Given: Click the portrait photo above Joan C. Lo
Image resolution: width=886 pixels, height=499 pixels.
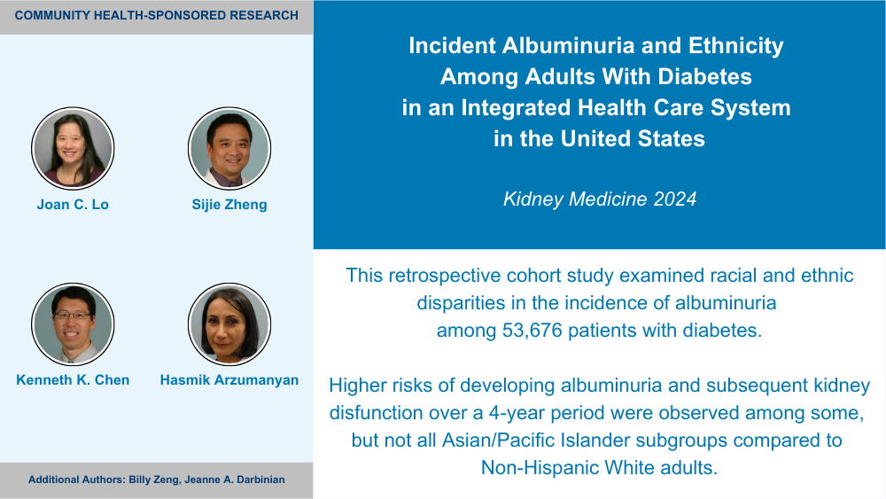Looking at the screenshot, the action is [73, 148].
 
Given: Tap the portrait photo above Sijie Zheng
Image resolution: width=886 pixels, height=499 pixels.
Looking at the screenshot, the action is [229, 148].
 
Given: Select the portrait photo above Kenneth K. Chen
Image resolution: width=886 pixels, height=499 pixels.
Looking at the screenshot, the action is [73, 324].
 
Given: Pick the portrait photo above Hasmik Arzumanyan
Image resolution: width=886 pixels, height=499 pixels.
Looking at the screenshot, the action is [229, 324].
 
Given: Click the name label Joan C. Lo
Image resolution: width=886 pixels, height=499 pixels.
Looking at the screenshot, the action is [73, 205].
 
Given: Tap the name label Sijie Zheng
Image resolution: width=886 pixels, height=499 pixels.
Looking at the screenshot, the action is [229, 205].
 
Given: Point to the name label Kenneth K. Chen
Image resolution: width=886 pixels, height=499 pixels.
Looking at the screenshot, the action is [73, 379].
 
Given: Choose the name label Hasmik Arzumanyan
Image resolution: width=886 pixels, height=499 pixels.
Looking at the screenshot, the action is [229, 379].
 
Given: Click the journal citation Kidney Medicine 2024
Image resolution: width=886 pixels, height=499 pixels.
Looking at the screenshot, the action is [600, 199].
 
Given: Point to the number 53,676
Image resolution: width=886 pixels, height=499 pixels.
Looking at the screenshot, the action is [532, 330].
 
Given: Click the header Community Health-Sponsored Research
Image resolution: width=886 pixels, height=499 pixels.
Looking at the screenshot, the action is [157, 15].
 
